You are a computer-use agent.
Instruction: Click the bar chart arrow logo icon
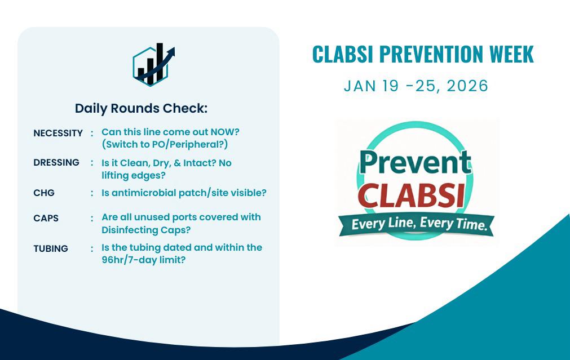[153, 65]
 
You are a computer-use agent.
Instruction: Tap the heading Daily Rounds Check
[141, 108]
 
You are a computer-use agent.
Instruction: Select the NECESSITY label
[58, 133]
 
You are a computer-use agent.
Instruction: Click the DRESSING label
[56, 162]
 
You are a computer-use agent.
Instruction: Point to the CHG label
[44, 193]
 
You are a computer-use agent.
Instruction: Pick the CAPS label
[46, 218]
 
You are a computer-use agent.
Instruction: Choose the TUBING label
[51, 248]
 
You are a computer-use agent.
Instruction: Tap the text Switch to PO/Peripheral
[165, 144]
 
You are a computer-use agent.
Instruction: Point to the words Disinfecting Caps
[146, 230]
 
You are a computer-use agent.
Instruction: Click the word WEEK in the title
[511, 54]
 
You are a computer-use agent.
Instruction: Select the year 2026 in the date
[467, 86]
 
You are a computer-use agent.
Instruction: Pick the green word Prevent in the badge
[416, 162]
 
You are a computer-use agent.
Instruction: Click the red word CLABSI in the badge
[411, 195]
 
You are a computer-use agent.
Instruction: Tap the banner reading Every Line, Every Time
[417, 224]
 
